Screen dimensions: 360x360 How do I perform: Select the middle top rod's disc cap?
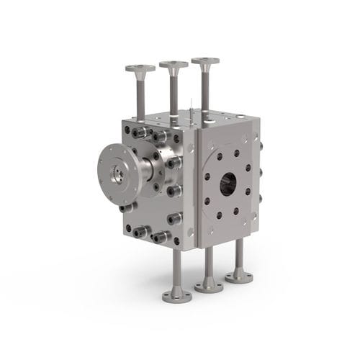(x=174, y=65)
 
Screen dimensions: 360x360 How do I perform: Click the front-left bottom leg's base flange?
(x=177, y=294)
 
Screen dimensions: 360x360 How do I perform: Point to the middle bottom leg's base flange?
(x=209, y=286)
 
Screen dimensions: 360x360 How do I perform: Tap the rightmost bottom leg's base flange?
(x=238, y=275)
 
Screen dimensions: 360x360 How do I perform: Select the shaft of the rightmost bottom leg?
(x=238, y=256)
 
